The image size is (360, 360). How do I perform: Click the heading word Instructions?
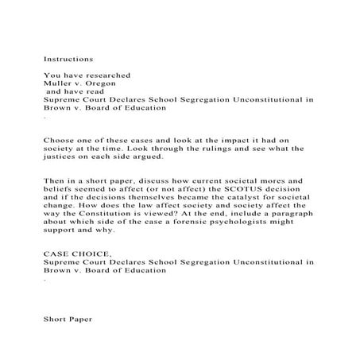[68, 60]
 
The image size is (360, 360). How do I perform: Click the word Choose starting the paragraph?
[60, 137]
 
